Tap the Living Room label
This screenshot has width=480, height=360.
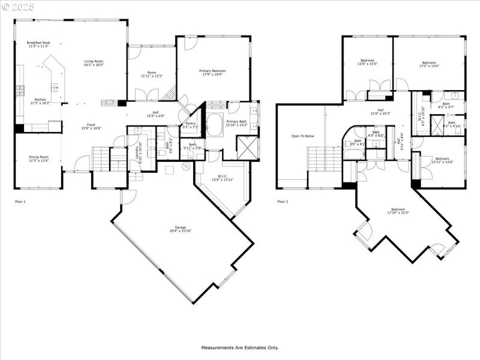[x=93, y=62]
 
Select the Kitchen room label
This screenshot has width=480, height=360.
[x=40, y=101]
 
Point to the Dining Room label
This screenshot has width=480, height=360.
[x=38, y=159]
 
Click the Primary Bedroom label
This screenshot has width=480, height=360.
[x=212, y=73]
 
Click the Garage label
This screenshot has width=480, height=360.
[x=180, y=229]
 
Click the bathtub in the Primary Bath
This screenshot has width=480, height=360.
[x=214, y=125]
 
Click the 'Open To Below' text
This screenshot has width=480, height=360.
[x=302, y=136]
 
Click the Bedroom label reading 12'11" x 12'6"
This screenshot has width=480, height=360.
[x=442, y=160]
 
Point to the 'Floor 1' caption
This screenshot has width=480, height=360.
[x=20, y=202]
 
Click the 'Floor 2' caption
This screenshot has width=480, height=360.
[x=283, y=202]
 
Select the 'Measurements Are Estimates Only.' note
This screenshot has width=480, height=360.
[x=239, y=347]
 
